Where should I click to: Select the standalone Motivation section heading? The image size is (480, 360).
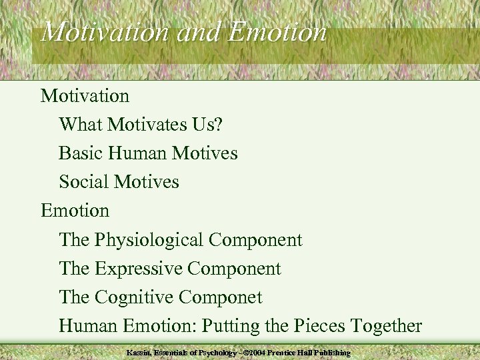tap(85, 96)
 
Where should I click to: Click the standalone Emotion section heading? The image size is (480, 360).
tap(75, 211)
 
